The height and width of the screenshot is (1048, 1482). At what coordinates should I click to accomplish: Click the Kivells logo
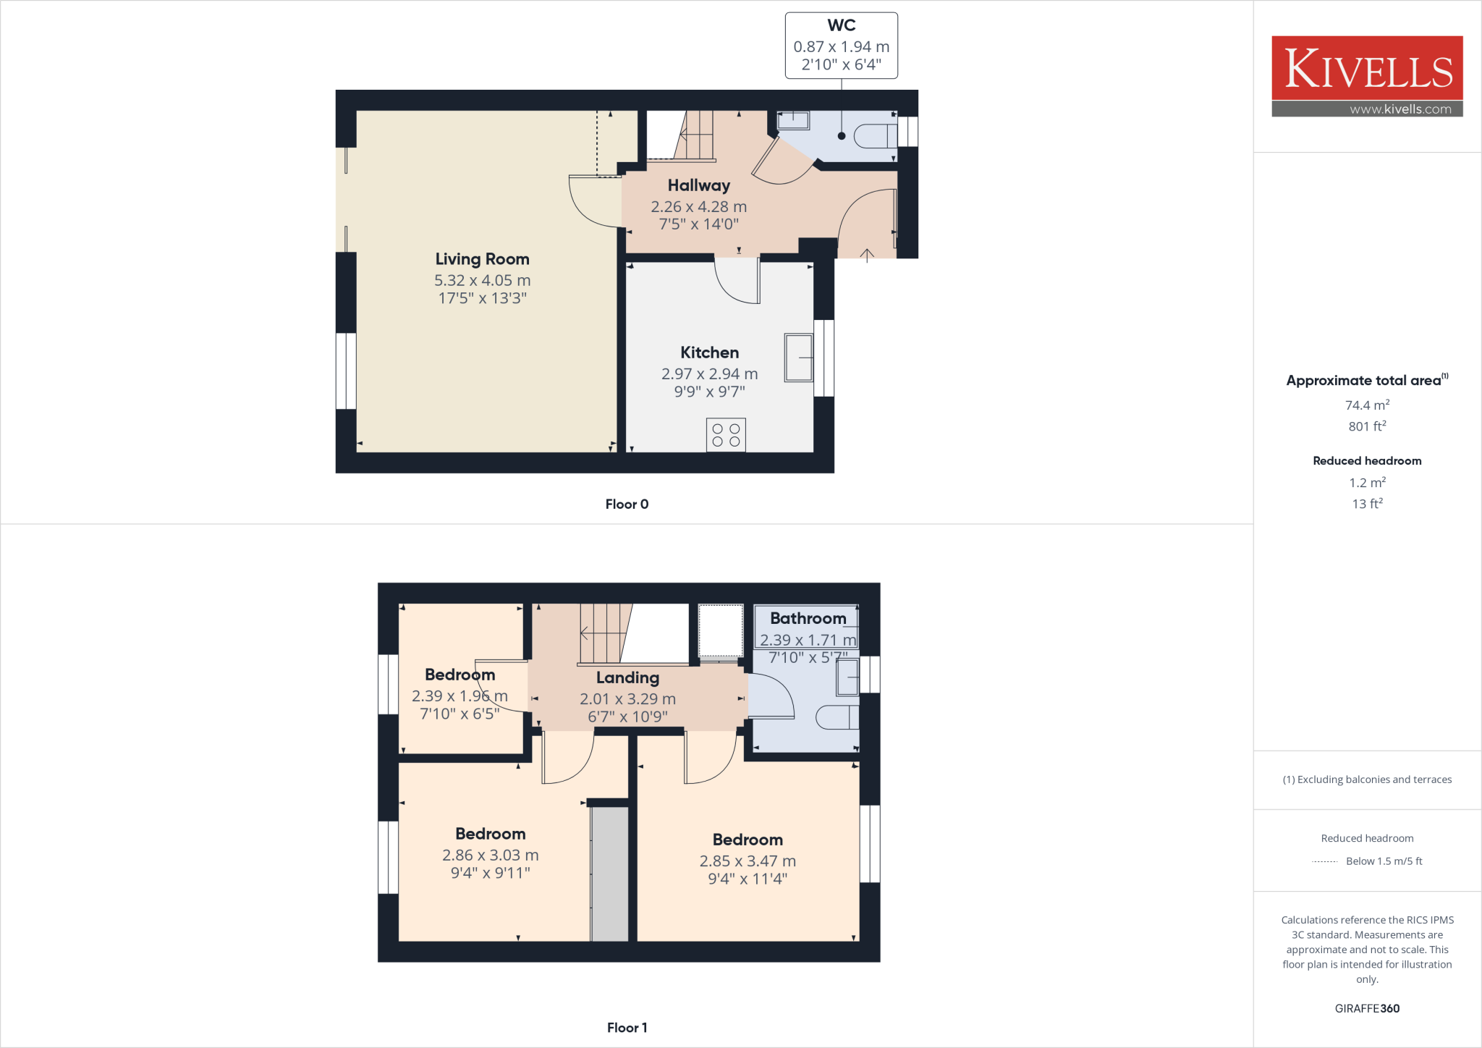[x=1367, y=69]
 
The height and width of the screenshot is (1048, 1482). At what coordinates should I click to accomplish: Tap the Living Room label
[x=482, y=259]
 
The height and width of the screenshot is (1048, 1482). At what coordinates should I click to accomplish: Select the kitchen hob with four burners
[x=726, y=435]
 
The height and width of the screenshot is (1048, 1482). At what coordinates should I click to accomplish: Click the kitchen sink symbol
[x=798, y=357]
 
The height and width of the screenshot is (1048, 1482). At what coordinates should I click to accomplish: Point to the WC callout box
[x=841, y=45]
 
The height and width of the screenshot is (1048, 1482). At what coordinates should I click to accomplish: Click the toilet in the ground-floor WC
[x=874, y=136]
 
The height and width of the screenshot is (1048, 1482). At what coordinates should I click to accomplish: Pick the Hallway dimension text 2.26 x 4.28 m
[x=698, y=207]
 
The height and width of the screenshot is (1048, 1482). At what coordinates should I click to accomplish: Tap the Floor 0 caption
[x=627, y=504]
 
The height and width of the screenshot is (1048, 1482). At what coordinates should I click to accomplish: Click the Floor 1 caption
[x=627, y=1028]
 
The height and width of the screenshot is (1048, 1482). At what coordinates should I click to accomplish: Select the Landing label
[x=627, y=678]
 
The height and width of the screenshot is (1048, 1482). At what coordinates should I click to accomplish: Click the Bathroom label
[x=808, y=619]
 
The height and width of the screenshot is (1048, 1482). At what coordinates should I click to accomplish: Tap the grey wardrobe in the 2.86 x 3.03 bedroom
[x=609, y=874]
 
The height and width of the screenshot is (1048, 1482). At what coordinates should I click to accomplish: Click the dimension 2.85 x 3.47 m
[x=748, y=861]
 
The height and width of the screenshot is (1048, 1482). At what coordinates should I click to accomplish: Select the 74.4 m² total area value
[x=1367, y=405]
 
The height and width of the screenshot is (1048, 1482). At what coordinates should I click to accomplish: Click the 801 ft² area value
[x=1367, y=426]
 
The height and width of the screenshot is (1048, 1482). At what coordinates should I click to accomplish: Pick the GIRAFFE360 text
[x=1367, y=1008]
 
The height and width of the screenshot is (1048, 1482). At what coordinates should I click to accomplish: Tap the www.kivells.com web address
[x=1400, y=109]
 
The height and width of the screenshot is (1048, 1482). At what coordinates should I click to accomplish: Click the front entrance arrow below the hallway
[x=867, y=254]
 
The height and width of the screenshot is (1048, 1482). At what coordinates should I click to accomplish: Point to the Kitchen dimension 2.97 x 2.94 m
[x=709, y=374]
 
